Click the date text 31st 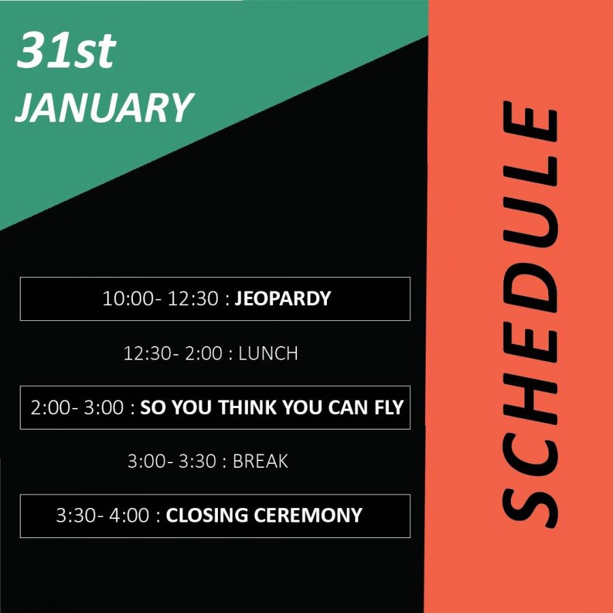pyautogui.click(x=67, y=50)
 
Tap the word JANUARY pyautogui.click(x=104, y=108)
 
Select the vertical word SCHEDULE pyautogui.click(x=530, y=314)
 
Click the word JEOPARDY pyautogui.click(x=283, y=299)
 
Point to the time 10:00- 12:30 pyautogui.click(x=160, y=299)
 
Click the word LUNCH pyautogui.click(x=268, y=353)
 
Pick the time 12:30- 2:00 pyautogui.click(x=173, y=353)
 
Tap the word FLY pyautogui.click(x=389, y=407)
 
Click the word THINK pyautogui.click(x=247, y=407)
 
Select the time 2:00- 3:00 pyautogui.click(x=77, y=407)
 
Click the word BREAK pyautogui.click(x=260, y=461)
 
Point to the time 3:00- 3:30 pyautogui.click(x=172, y=461)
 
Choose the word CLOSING pyautogui.click(x=207, y=516)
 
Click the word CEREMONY pyautogui.click(x=308, y=516)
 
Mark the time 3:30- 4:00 pyautogui.click(x=102, y=516)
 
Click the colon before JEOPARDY pyautogui.click(x=227, y=300)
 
